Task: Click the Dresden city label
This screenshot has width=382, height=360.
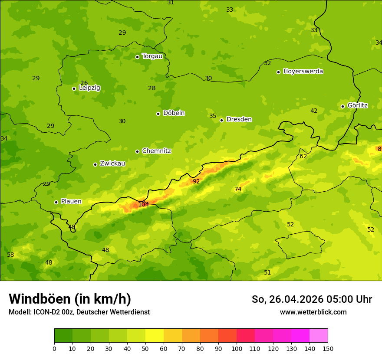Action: pos(239,119)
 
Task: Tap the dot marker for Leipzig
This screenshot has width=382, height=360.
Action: pos(74,88)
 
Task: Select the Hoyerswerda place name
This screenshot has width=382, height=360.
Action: pos(303,72)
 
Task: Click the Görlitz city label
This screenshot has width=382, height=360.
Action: pos(357,105)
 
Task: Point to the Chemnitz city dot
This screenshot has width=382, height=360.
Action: pos(137,151)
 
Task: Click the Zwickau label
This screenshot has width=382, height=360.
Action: pos(112,164)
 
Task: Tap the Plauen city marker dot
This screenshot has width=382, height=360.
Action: pos(56,202)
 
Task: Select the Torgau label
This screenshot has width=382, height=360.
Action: pos(152,56)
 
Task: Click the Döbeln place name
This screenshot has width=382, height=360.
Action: pos(174,113)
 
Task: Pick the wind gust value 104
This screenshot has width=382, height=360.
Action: pos(143,204)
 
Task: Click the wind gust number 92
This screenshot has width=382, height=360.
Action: pos(196,181)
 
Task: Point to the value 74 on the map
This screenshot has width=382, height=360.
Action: pos(238,189)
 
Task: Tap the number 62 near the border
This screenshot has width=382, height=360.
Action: pos(303,156)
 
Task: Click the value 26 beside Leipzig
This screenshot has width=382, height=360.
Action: pos(84,83)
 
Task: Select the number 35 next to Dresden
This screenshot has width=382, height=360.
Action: pos(213,116)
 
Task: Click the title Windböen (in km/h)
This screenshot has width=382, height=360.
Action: pos(70,299)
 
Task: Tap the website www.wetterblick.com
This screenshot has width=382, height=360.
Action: pos(313,312)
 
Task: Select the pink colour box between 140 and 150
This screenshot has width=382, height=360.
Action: pos(319,335)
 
